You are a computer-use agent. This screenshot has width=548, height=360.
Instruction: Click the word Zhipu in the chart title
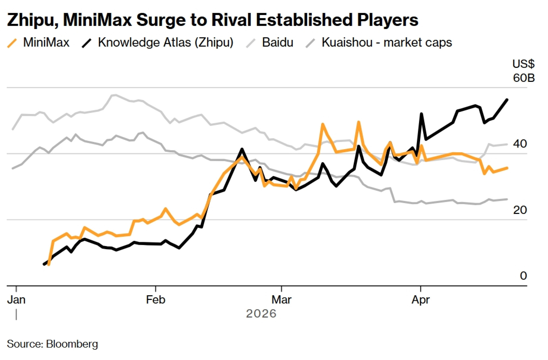[x=32, y=20]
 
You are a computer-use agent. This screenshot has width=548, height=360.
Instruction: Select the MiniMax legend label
[x=46, y=42]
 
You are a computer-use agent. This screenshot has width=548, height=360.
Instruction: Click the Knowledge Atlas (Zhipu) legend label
[x=165, y=42]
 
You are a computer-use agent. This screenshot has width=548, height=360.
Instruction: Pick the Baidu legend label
[x=278, y=42]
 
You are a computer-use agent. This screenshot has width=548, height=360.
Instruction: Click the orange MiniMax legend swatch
[x=12, y=43]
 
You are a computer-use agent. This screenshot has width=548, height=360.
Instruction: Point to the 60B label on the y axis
[x=524, y=78]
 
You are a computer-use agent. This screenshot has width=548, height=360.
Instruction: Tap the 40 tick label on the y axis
[x=520, y=144]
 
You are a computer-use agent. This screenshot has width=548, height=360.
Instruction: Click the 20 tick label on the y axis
[x=520, y=210]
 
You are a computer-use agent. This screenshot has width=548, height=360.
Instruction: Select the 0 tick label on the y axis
[x=523, y=276]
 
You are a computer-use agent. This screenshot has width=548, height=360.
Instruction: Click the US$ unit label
[x=523, y=64]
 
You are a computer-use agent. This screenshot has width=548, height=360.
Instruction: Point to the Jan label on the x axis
[x=16, y=300]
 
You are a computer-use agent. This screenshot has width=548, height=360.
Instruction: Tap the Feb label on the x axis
[x=155, y=300]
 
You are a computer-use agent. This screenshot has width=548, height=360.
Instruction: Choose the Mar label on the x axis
[x=281, y=300]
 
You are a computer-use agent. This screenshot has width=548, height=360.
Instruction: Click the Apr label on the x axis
[x=421, y=300]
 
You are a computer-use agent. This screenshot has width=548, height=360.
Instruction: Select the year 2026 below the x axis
[x=261, y=314]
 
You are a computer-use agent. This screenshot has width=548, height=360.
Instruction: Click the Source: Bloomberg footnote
[x=52, y=344]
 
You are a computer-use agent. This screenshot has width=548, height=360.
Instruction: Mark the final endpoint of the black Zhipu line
[x=507, y=100]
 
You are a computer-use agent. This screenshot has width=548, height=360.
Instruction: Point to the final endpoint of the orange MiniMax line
[x=507, y=168]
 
